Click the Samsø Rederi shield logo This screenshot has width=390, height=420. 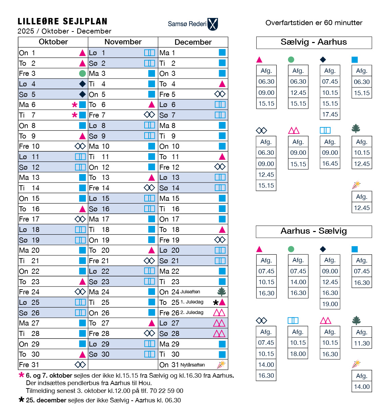(x=213, y=24)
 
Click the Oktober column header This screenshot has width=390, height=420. (x=53, y=42)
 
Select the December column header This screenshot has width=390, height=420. (x=193, y=42)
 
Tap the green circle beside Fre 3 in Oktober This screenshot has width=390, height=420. (x=82, y=73)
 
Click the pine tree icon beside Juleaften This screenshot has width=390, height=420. (x=222, y=292)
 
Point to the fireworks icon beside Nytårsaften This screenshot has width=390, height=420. (x=221, y=364)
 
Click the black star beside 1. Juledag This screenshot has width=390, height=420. (x=216, y=302)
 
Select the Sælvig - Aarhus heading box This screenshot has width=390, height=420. (x=314, y=42)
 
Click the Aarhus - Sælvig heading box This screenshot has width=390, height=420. (x=314, y=231)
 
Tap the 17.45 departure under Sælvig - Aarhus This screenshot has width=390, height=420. (x=330, y=114)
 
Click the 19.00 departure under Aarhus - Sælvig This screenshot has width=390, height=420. (x=330, y=304)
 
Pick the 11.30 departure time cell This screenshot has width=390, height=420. (x=362, y=343)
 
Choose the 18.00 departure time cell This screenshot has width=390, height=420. (x=298, y=354)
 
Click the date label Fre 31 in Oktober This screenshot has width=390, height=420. (x=29, y=365)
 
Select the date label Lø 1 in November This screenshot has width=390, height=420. (x=97, y=53)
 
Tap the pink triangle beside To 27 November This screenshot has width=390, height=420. (x=152, y=323)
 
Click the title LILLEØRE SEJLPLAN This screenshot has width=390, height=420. (x=63, y=22)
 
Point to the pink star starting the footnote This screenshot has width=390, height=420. (x=22, y=375)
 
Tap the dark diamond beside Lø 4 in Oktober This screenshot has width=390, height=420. (x=82, y=84)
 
